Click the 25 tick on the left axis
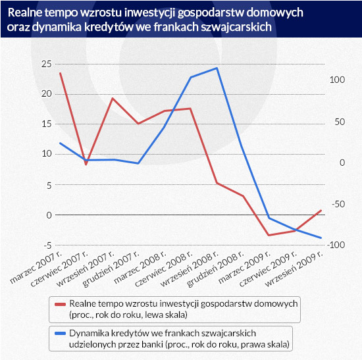click(x=47, y=64)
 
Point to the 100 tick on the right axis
click(x=337, y=80)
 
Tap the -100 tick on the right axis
click(x=336, y=245)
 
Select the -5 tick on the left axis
click(x=48, y=245)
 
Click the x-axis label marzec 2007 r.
click(x=36, y=267)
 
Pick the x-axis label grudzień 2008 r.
click(x=215, y=269)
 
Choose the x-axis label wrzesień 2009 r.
click(x=294, y=269)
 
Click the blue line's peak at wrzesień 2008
click(x=217, y=68)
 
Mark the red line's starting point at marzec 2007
click(x=61, y=73)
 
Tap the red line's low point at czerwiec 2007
click(x=86, y=164)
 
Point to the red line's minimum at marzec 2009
click(x=269, y=235)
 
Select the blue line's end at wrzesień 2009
click(x=321, y=238)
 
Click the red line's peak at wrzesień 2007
click(x=112, y=98)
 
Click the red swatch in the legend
click(x=60, y=304)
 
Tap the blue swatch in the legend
click(x=60, y=334)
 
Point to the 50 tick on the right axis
click(x=340, y=122)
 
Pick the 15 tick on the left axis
click(x=47, y=124)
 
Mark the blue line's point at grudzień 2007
click(x=138, y=163)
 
